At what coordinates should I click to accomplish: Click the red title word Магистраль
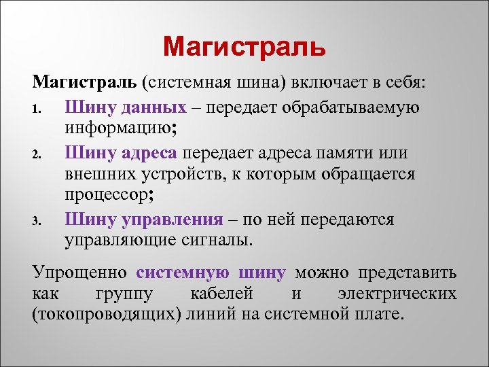(244, 48)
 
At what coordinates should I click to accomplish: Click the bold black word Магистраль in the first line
(85, 84)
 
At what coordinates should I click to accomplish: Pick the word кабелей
(228, 294)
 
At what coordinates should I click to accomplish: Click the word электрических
(397, 294)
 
